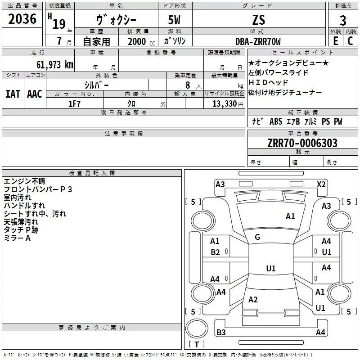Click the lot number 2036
point(22,19)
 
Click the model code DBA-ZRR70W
point(258,41)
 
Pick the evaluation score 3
point(343,21)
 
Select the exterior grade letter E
point(335,41)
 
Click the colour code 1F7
point(74,104)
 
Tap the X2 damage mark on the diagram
point(321,184)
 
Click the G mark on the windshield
point(257,237)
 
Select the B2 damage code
point(215,252)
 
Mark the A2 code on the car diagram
point(253,300)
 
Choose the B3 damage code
point(221,333)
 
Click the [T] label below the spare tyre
point(196,345)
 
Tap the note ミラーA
point(17,238)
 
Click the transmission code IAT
point(13,94)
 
